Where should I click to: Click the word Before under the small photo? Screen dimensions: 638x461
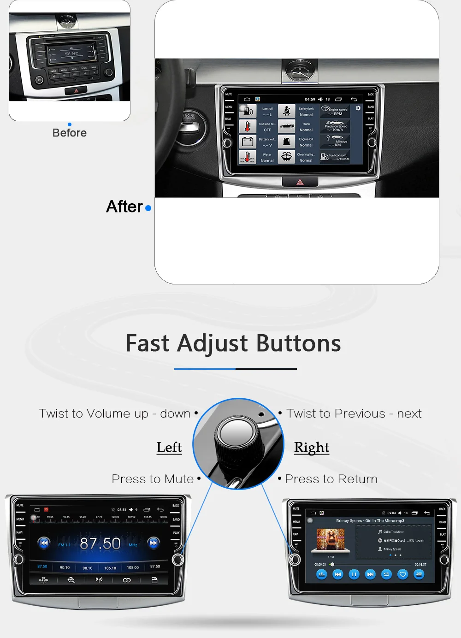[x=70, y=133]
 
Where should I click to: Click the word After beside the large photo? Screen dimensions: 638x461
[x=124, y=207]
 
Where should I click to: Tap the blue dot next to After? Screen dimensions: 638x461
[x=148, y=208]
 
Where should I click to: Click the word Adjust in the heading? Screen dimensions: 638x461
[x=213, y=343]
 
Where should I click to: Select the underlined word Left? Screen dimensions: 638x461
[x=169, y=447]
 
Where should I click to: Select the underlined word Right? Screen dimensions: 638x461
[x=312, y=448]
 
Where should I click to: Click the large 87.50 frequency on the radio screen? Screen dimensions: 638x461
[x=100, y=543]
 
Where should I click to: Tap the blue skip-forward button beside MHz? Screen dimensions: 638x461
[x=154, y=543]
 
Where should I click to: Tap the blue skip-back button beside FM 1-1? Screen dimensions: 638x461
[x=44, y=543]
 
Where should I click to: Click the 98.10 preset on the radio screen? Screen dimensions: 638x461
[x=88, y=568]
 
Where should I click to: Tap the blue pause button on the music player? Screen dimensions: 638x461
[x=354, y=574]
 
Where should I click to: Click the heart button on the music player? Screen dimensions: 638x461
[x=402, y=574]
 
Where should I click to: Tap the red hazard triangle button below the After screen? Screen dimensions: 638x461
[x=300, y=182]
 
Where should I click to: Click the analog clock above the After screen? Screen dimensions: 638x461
[x=300, y=71]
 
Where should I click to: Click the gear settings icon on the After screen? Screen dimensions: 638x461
[x=358, y=108]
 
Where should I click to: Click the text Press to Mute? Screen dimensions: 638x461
[x=153, y=479]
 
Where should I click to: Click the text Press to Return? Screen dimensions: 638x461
[x=331, y=479]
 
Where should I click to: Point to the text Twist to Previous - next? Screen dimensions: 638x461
[x=354, y=414]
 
